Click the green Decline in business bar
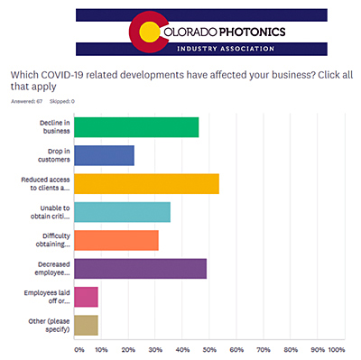tap(135, 127)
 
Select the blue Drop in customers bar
tap(104, 155)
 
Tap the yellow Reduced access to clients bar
tap(146, 183)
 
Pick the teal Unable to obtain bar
tap(122, 212)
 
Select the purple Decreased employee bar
tap(140, 268)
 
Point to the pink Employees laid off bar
tap(86, 296)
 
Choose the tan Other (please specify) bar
tap(86, 325)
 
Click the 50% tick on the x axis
tap(211, 349)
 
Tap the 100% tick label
tap(336, 349)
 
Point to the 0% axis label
tap(79, 349)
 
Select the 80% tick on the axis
tap(291, 349)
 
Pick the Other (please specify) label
tap(49, 325)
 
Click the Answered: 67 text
tap(25, 100)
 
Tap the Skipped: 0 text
tap(61, 100)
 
